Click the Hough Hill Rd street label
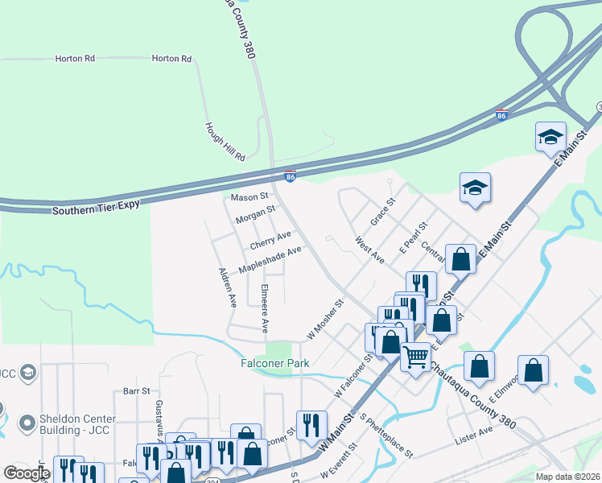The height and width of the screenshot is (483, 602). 225,142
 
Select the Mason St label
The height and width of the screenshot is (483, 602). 249,197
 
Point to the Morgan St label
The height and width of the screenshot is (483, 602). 255,214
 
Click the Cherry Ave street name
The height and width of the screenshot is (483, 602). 270,240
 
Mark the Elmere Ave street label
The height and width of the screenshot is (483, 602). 264,308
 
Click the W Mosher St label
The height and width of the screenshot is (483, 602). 325,319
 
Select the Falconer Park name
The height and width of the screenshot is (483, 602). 275,363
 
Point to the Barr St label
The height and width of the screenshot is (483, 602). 136,390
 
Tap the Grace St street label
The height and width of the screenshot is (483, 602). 382,213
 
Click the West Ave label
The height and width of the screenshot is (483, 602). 369,249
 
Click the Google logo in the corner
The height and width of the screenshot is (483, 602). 27,473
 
